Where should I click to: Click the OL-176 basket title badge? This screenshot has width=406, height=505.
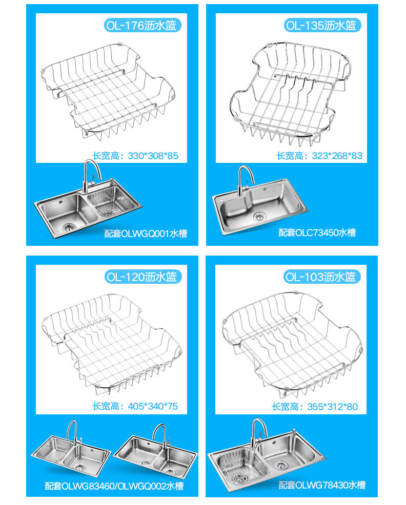click(x=142, y=25)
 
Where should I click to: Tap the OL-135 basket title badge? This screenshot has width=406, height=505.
click(x=322, y=25)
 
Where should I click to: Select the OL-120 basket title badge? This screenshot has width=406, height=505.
click(x=143, y=277)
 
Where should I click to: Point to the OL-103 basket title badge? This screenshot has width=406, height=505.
click(x=322, y=277)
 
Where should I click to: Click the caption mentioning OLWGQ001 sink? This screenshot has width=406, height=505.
click(x=146, y=234)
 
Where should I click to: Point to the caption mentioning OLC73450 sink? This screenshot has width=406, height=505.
click(x=317, y=233)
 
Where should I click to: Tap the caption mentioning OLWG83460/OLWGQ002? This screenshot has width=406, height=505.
click(x=114, y=486)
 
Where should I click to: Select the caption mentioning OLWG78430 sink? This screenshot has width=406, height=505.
click(x=322, y=485)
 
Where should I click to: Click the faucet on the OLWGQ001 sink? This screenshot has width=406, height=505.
click(x=91, y=176)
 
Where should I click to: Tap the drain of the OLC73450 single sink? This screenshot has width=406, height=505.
click(x=259, y=217)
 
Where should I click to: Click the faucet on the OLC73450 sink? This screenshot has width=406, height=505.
click(x=245, y=180)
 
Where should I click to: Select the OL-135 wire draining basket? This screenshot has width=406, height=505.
click(x=290, y=93)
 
